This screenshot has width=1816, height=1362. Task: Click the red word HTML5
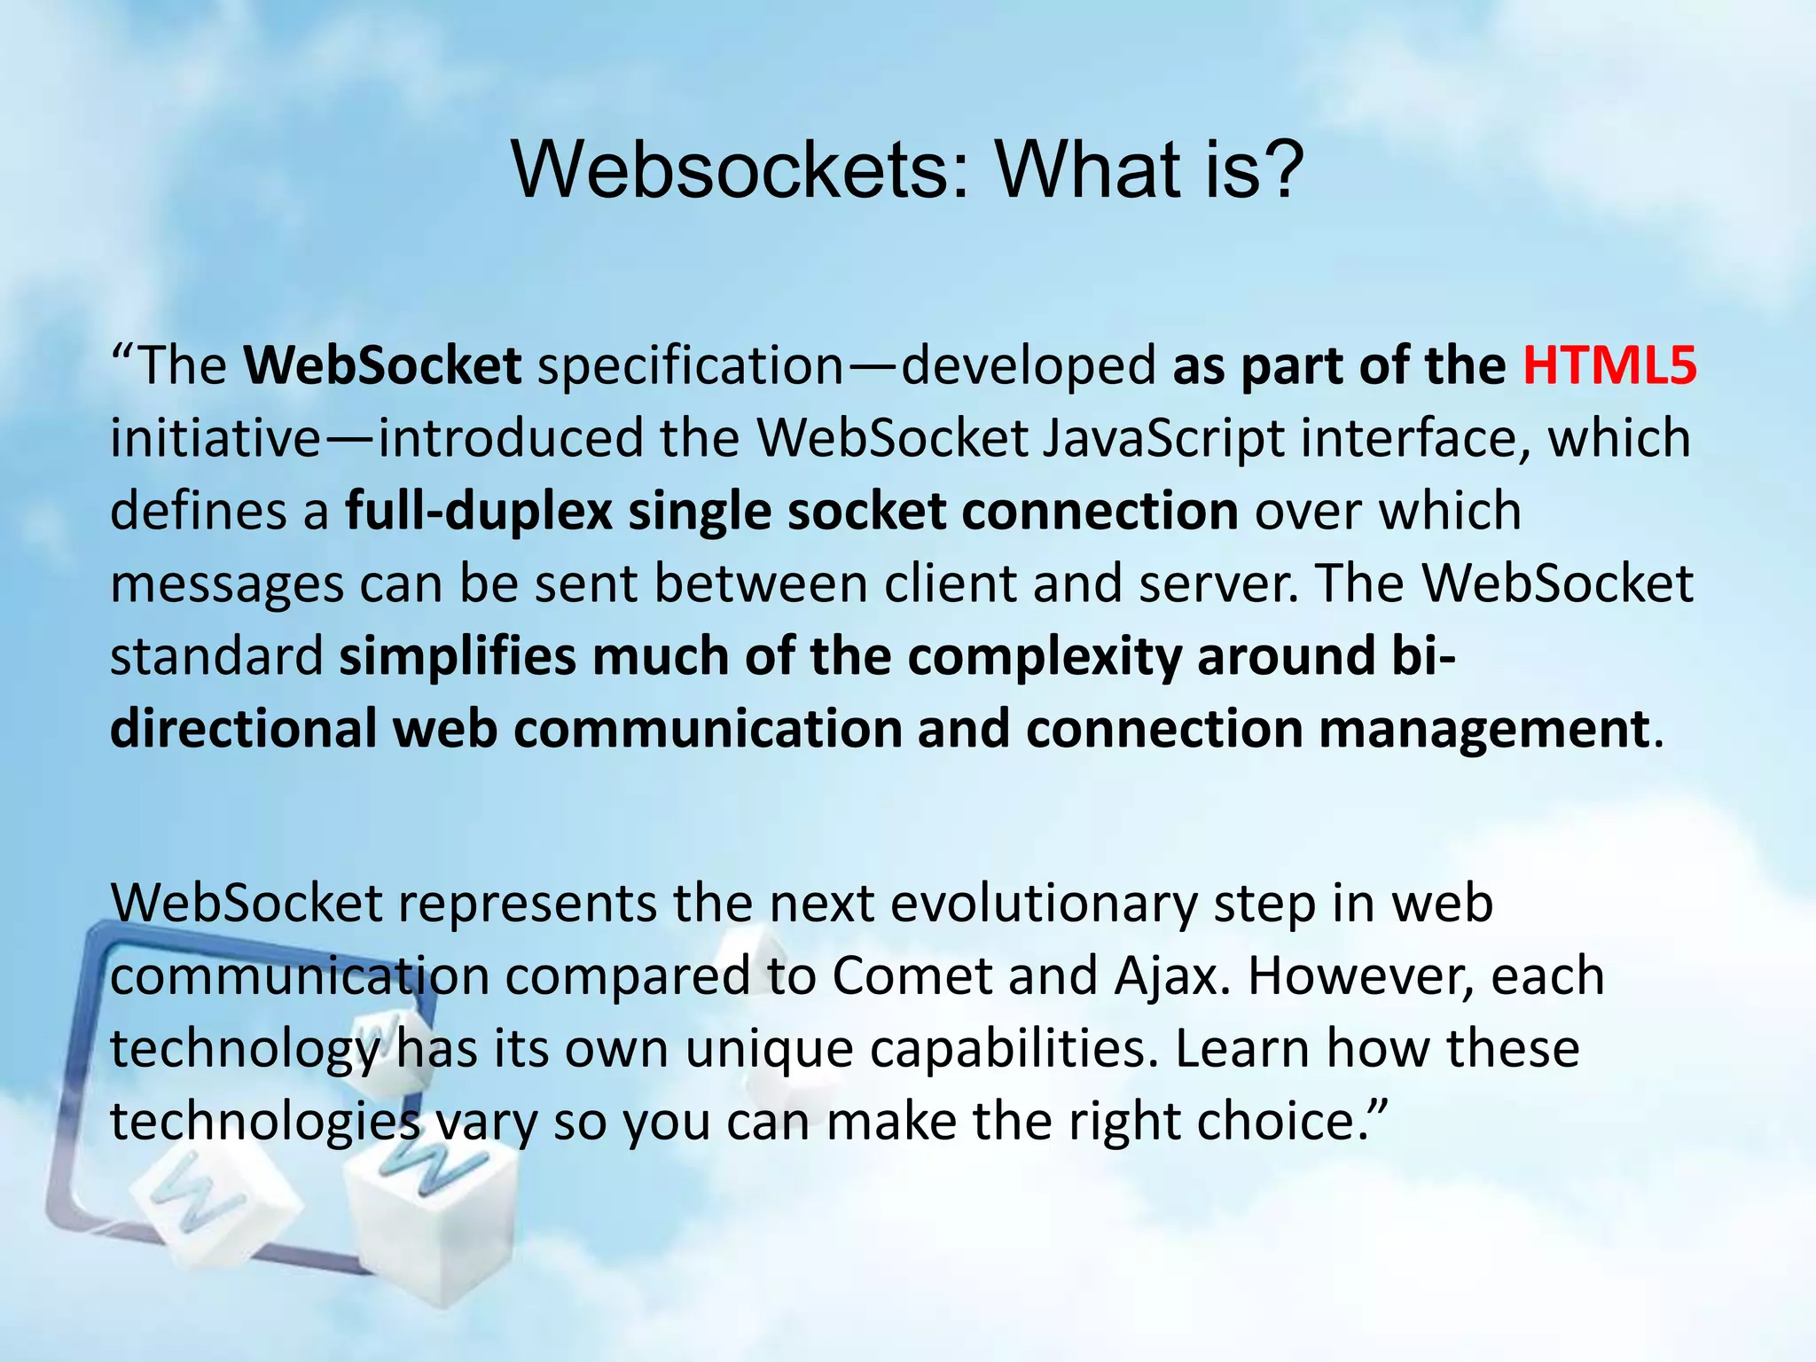pyautogui.click(x=1609, y=365)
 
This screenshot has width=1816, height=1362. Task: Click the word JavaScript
pyautogui.click(x=1162, y=438)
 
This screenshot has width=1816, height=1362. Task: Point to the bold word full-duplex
pyautogui.click(x=479, y=512)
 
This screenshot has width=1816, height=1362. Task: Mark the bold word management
pyautogui.click(x=1483, y=730)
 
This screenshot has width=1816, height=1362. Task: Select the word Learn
pyautogui.click(x=1241, y=1049)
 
